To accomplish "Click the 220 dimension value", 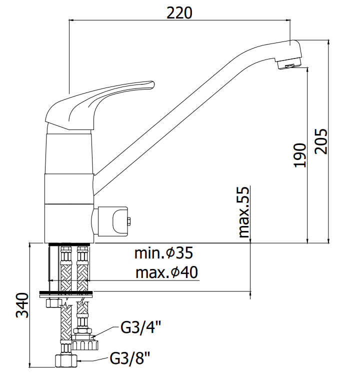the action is (x=179, y=13).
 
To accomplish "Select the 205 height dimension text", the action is (x=321, y=141).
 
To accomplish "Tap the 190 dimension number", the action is (x=300, y=155).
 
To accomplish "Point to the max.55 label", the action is (x=244, y=212).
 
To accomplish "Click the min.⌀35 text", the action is (x=163, y=253).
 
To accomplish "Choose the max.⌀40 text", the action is (x=166, y=272).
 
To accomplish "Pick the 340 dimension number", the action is (x=22, y=305).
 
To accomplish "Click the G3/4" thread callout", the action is (x=141, y=327).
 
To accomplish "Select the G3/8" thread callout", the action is (x=130, y=358).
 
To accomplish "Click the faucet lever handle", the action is (x=100, y=104).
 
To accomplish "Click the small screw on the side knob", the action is (x=129, y=221).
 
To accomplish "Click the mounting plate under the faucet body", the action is (x=66, y=293).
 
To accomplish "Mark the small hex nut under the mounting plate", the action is (x=53, y=303).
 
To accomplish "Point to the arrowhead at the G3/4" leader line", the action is (x=93, y=336).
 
